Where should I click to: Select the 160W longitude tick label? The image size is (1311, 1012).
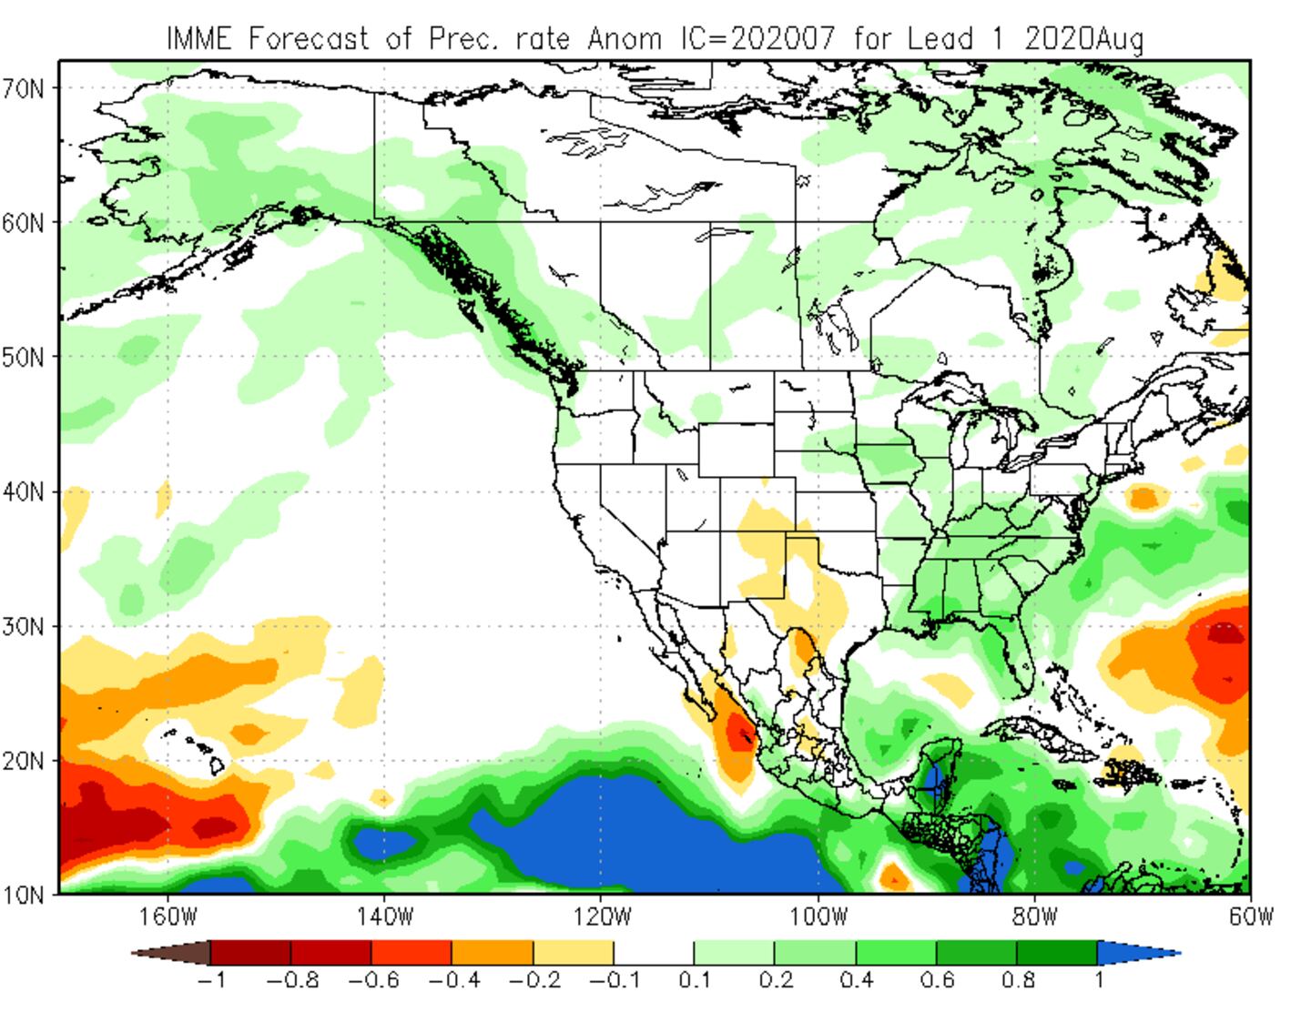point(168,916)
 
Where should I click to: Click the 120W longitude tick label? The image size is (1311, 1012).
point(601,916)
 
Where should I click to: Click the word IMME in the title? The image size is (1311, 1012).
point(199,39)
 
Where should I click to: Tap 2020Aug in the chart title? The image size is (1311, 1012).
point(1083,39)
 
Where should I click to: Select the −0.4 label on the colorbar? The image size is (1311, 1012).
point(453,981)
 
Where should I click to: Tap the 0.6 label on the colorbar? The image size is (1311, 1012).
point(938,981)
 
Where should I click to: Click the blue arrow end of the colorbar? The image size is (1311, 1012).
point(1138,953)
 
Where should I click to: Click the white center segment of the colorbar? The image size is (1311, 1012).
point(653,953)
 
